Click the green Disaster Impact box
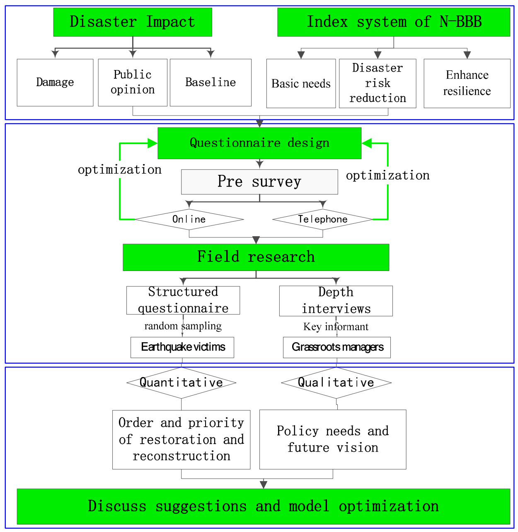click(x=133, y=22)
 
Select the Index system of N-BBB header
click(x=394, y=22)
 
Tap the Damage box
click(x=55, y=82)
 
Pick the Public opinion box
click(x=133, y=82)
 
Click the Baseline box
click(x=211, y=82)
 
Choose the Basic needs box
click(x=301, y=83)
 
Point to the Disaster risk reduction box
click(x=378, y=83)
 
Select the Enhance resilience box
click(x=467, y=83)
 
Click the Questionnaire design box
click(x=259, y=143)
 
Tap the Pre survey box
click(x=259, y=182)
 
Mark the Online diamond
click(x=189, y=220)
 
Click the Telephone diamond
click(x=323, y=220)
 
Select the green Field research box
click(x=256, y=257)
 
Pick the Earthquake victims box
click(x=182, y=347)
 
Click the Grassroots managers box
click(x=337, y=347)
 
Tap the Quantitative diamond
click(x=182, y=382)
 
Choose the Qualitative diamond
click(x=336, y=382)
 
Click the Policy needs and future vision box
click(x=333, y=440)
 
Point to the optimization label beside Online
click(x=120, y=170)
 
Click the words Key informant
click(x=336, y=327)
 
